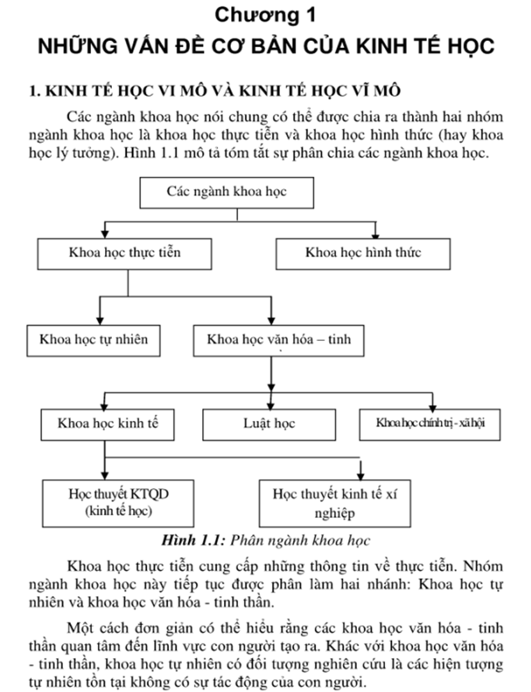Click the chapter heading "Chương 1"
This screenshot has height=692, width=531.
(x=265, y=15)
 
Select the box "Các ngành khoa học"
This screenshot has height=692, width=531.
(x=227, y=193)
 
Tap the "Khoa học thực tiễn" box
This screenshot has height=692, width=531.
(x=125, y=254)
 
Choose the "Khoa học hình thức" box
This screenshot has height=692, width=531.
(x=363, y=254)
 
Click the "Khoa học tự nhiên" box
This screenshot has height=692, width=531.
(x=93, y=341)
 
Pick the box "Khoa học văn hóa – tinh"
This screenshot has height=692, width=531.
(x=279, y=341)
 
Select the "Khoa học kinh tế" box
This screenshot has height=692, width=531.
(x=107, y=425)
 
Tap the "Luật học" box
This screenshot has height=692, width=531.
(x=269, y=425)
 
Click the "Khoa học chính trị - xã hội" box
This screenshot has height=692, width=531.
(x=430, y=425)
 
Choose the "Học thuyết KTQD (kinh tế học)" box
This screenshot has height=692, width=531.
(x=118, y=503)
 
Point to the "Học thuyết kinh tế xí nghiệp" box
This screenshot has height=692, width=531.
(x=335, y=503)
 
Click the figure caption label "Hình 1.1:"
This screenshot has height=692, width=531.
(x=194, y=540)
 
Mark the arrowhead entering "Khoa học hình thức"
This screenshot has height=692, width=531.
(x=376, y=234)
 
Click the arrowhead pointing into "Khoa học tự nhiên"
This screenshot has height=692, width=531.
(x=100, y=320)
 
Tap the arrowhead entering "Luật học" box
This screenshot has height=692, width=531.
(x=271, y=405)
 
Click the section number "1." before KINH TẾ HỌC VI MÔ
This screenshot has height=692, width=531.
(x=35, y=91)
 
